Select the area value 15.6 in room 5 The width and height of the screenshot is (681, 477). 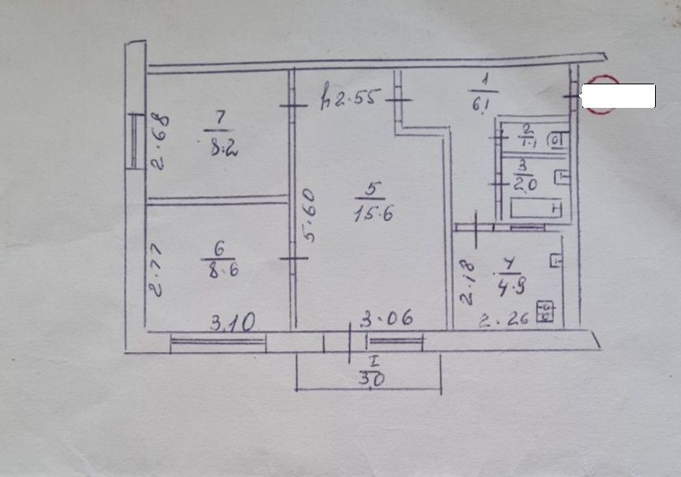pyautogui.click(x=369, y=214)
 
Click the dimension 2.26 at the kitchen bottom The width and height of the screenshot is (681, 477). pyautogui.click(x=504, y=319)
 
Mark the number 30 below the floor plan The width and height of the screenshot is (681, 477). pyautogui.click(x=371, y=377)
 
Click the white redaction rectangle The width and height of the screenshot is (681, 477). pyautogui.click(x=619, y=96)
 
